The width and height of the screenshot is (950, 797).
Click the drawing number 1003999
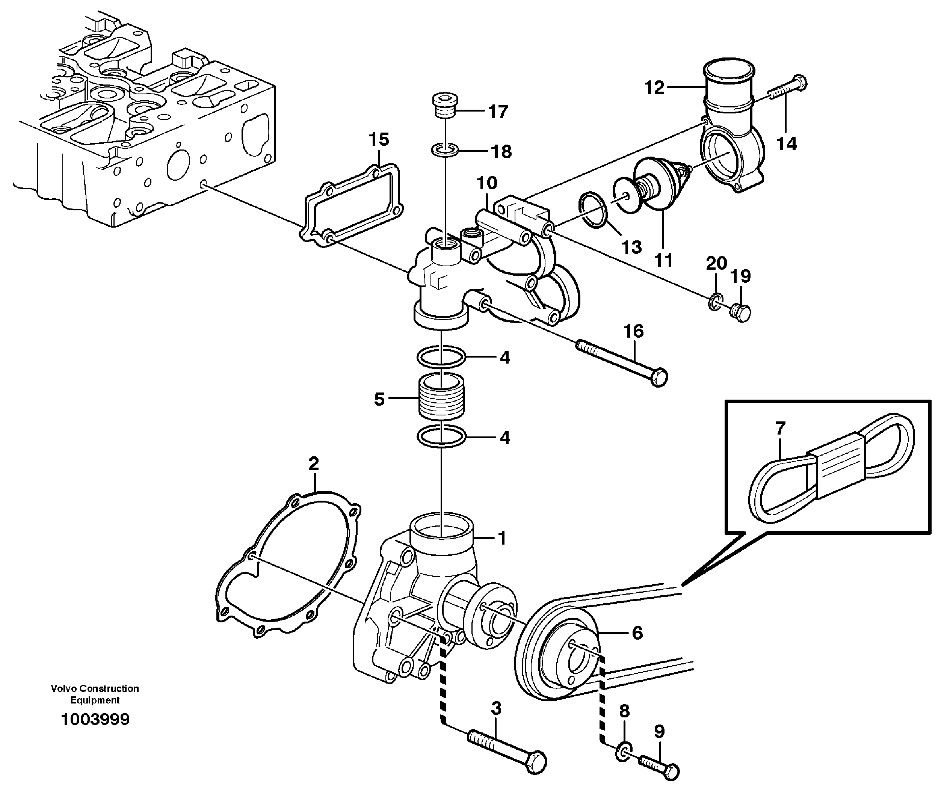(95, 719)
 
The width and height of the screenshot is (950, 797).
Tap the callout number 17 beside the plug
(498, 112)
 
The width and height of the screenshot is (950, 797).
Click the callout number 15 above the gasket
(379, 140)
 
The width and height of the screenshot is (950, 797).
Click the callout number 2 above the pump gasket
(314, 463)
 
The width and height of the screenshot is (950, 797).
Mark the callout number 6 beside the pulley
(637, 633)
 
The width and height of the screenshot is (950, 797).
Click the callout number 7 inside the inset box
(780, 427)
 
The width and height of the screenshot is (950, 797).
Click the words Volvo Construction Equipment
(95, 694)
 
